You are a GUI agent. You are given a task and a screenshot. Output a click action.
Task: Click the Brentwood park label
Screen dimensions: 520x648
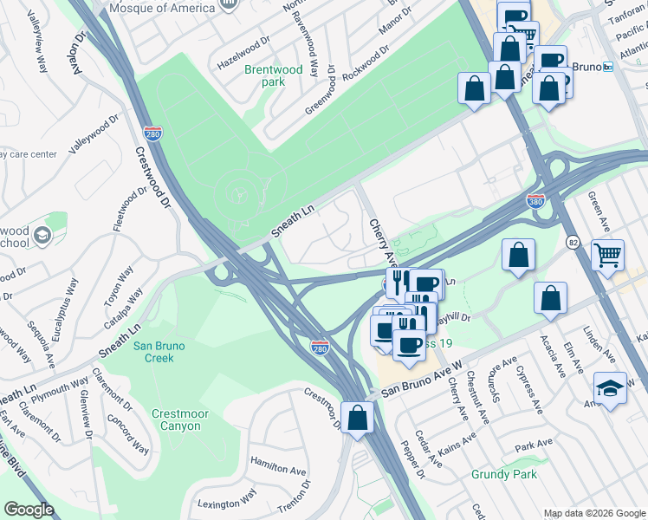tap(273, 75)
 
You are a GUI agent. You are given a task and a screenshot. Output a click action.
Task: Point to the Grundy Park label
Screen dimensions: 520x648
tap(504, 474)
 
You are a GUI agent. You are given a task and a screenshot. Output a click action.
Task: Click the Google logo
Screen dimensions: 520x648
tap(29, 510)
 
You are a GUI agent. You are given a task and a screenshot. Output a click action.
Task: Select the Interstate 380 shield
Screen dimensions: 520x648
tap(536, 201)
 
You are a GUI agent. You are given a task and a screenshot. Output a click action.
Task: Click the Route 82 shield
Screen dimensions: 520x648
tap(573, 239)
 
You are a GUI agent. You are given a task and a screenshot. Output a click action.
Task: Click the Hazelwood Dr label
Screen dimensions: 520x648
tap(244, 53)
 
